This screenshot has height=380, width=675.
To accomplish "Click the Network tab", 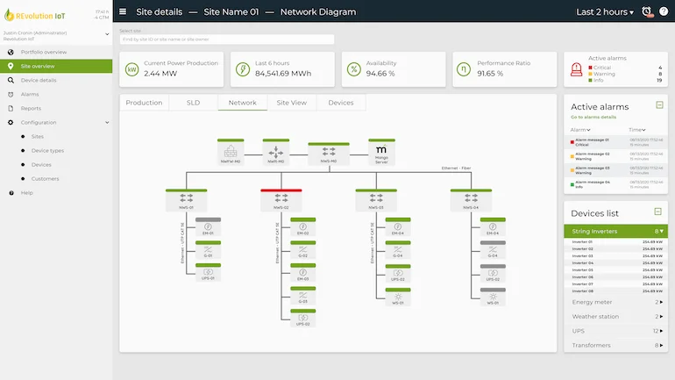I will coord(243,103).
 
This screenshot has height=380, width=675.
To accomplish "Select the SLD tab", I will coord(193,103).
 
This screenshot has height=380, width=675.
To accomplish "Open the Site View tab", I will coord(291,103).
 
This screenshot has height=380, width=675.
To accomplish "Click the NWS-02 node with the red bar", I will coord(281,199).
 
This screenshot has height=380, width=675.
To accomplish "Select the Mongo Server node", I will coord(381,152).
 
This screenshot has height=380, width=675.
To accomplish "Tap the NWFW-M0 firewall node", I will coord(231,152).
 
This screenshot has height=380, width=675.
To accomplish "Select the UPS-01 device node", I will coord(209,272).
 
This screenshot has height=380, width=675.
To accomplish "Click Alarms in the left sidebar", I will coord(30,94).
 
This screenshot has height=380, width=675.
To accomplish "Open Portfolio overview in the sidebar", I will coord(43,52).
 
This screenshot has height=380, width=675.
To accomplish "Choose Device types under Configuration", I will coord(47,150).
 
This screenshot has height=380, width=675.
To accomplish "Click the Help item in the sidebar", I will coord(27,192).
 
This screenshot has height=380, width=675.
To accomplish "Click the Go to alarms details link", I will coord(593,117).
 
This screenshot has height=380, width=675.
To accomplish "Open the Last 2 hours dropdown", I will coord(605,12).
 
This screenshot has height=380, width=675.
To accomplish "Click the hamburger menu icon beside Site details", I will coord(123,12).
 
